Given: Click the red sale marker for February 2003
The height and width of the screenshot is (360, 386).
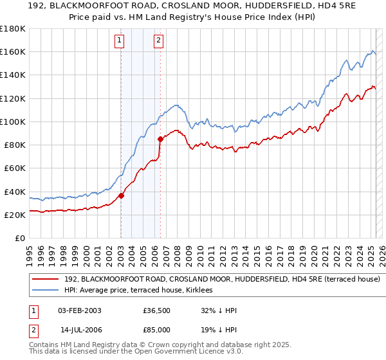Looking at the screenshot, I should [121, 195].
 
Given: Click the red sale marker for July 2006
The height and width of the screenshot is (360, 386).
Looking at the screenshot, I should [160, 138].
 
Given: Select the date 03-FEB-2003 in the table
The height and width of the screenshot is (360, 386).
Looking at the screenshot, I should [79, 310].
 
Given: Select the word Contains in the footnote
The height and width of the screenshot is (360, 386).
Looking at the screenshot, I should [46, 346].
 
